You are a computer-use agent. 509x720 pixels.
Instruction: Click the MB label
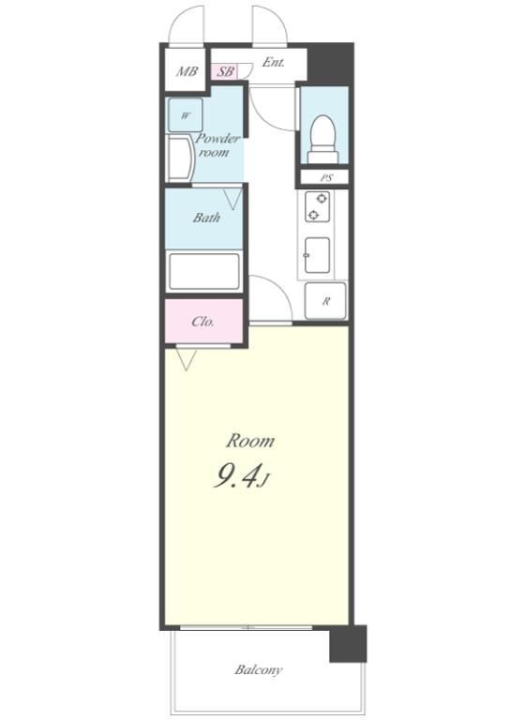click(187, 71)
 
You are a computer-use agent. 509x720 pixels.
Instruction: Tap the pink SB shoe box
click(225, 71)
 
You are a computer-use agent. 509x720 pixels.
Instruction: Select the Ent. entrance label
click(273, 62)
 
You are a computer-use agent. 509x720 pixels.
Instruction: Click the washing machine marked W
click(185, 115)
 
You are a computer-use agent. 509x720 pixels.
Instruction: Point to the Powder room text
click(217, 145)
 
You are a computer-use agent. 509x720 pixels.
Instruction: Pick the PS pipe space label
click(326, 178)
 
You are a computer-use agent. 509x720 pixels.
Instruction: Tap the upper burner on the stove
click(322, 199)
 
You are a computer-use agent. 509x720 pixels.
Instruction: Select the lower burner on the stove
click(313, 215)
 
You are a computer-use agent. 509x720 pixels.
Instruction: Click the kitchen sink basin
click(317, 255)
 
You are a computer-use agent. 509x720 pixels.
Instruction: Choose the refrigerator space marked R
click(325, 301)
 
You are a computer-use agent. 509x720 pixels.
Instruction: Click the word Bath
click(206, 217)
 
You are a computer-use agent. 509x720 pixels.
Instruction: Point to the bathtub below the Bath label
click(204, 271)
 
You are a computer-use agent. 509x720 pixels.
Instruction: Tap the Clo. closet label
click(202, 322)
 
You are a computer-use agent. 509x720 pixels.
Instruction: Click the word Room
click(250, 441)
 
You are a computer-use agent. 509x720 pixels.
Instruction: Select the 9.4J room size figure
click(241, 476)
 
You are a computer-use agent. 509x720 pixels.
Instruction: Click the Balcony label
click(259, 670)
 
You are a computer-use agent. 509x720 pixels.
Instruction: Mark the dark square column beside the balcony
click(349, 644)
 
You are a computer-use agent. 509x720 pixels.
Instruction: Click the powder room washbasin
click(180, 158)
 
